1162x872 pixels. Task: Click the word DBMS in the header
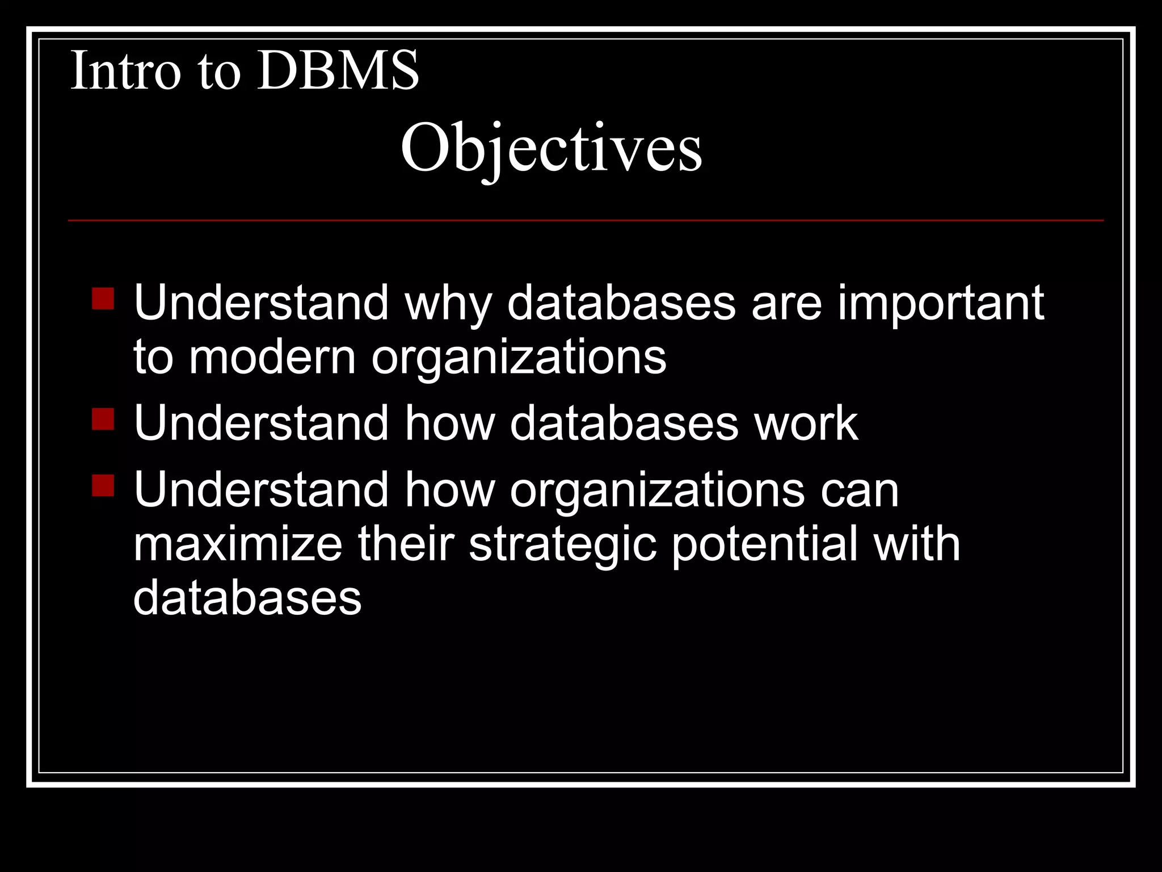tap(338, 71)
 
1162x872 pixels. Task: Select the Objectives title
tap(551, 149)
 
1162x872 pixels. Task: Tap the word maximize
tap(238, 544)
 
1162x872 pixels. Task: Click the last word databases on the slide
tap(247, 598)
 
